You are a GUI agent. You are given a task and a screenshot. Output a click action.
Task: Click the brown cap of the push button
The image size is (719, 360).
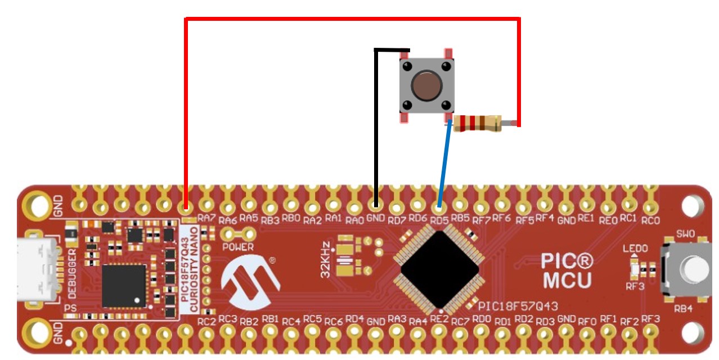(x=425, y=85)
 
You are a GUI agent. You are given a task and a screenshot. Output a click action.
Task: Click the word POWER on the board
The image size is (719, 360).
(x=238, y=247)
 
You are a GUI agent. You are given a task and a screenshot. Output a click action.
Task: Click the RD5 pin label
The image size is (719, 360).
(x=440, y=218)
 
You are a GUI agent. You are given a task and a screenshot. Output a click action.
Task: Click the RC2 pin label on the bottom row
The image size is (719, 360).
(x=206, y=322)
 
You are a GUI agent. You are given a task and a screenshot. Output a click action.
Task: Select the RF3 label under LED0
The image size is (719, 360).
(x=635, y=286)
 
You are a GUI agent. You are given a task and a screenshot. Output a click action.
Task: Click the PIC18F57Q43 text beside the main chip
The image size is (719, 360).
(x=518, y=306)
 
